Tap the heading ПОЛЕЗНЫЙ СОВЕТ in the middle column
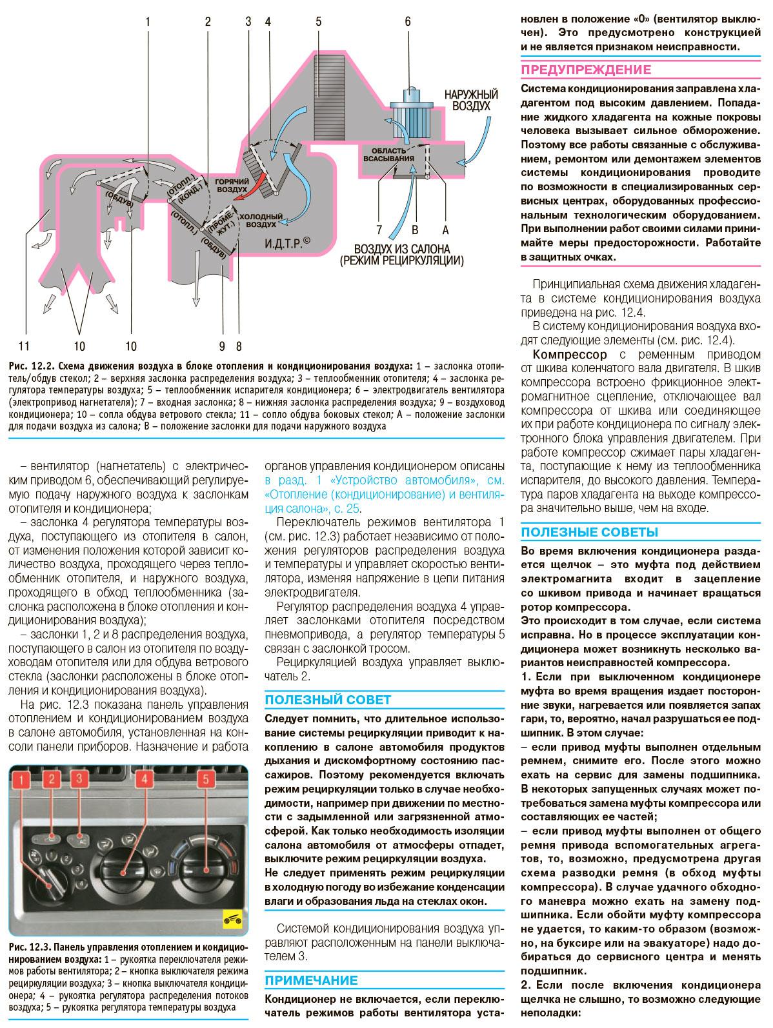click(x=328, y=700)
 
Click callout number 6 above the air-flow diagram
click(x=407, y=22)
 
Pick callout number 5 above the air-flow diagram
click(x=319, y=22)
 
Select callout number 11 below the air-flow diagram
click(x=25, y=345)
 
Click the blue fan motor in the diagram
click(x=408, y=104)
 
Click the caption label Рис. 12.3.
click(x=30, y=947)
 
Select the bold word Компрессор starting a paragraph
click(x=570, y=355)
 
